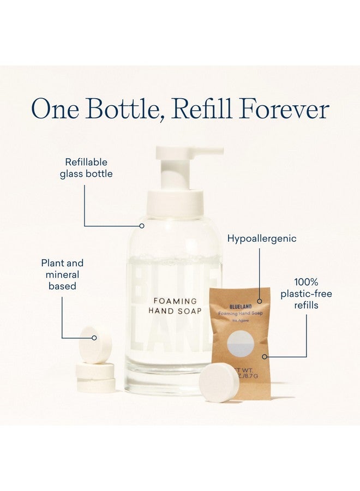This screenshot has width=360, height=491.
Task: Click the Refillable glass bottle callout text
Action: coord(86,167)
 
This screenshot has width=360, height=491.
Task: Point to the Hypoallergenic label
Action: coord(262,238)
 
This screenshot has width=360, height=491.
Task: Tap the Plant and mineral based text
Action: coord(63,274)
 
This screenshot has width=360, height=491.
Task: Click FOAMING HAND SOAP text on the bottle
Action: coord(175,306)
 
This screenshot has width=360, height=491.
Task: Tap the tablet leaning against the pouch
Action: coord(219,383)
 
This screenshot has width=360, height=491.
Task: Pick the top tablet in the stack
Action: coord(95,345)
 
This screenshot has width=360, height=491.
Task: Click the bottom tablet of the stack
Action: coord(96,385)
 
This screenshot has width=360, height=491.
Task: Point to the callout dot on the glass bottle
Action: coord(142,225)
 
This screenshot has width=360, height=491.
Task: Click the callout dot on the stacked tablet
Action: coord(94,338)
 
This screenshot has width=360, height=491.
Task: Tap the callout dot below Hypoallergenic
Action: coord(260,301)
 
